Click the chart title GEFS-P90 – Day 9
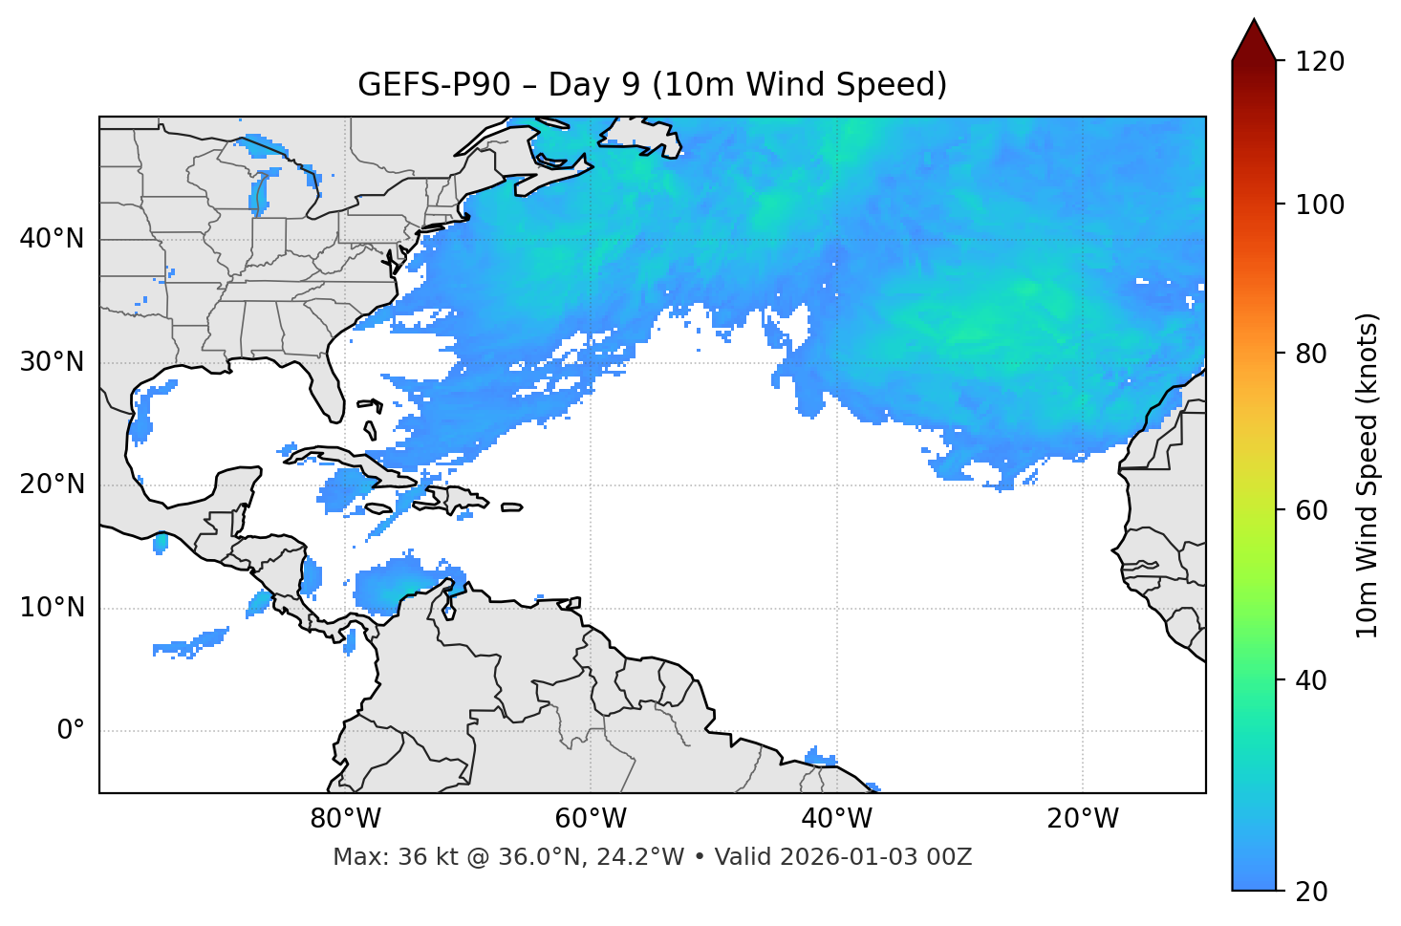[x=652, y=85]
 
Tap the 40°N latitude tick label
[x=52, y=239]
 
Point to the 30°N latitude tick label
[x=52, y=362]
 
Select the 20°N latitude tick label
[x=52, y=485]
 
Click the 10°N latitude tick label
[x=52, y=608]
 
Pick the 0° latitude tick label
[x=71, y=731]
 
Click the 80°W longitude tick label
[x=345, y=819]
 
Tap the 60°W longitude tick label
[x=591, y=819]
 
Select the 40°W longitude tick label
[x=836, y=819]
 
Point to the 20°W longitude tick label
[x=1082, y=819]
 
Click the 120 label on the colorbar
[x=1320, y=62]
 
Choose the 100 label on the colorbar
[x=1320, y=205]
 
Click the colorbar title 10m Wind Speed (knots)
[x=1368, y=476]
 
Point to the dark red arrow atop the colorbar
[x=1254, y=40]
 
